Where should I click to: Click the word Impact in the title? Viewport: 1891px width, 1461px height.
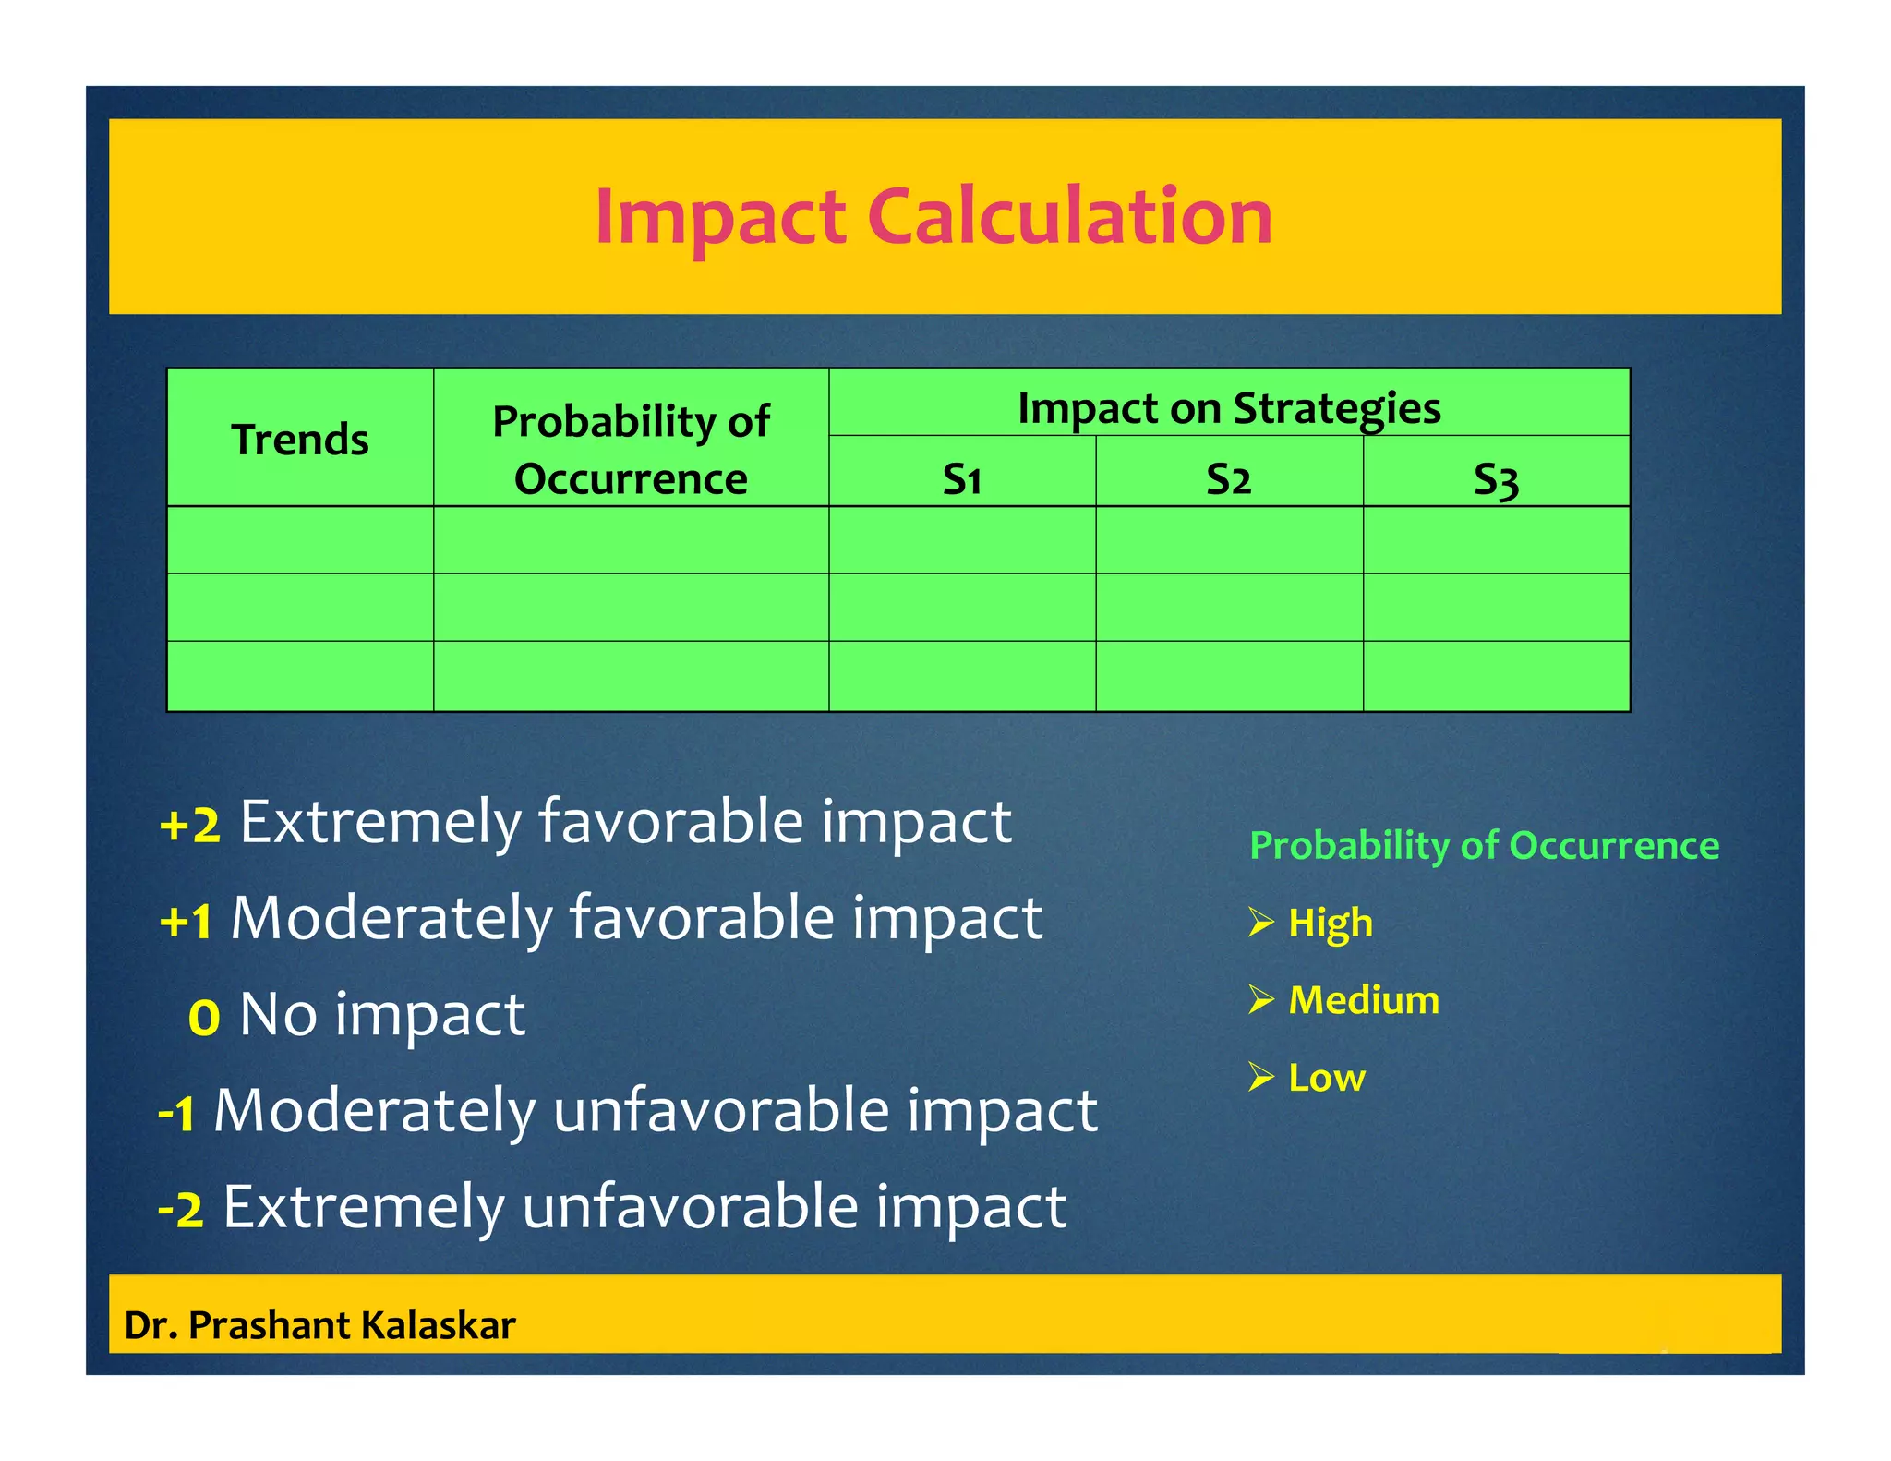pos(720,218)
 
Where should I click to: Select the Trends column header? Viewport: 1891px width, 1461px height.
pos(300,440)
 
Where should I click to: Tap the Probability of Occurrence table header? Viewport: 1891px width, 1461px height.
pos(631,450)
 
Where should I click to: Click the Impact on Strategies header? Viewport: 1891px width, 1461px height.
pos(1228,408)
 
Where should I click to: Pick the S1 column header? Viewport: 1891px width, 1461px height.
pos(961,479)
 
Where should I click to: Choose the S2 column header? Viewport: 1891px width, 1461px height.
pos(1228,479)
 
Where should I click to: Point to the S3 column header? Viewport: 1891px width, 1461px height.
pos(1495,480)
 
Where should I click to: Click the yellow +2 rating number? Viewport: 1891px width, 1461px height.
pos(190,825)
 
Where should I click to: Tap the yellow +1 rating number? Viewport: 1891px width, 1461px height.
pos(187,921)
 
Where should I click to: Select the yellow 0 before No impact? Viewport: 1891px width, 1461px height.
pos(204,1018)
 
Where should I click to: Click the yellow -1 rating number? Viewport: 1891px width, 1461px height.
pos(177,1113)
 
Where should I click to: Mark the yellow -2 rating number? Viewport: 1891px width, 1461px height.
pos(181,1209)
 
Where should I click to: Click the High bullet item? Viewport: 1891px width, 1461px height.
pos(1330,923)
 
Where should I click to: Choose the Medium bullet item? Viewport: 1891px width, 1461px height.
pos(1363,1000)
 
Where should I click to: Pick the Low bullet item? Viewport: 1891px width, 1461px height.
pos(1326,1078)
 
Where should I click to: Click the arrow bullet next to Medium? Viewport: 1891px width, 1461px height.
pos(1260,999)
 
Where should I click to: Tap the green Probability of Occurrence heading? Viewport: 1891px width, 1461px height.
pos(1484,846)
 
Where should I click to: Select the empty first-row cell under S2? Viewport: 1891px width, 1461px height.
pos(1228,540)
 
